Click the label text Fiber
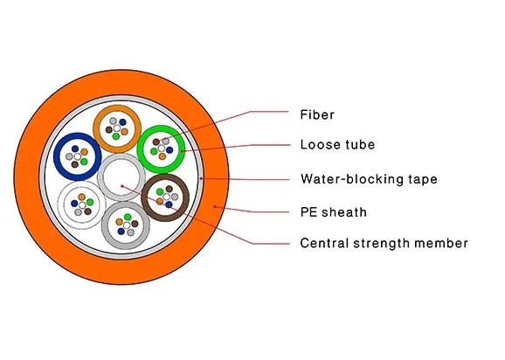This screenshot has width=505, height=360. [x=317, y=114]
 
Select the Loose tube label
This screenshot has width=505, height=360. [x=337, y=144]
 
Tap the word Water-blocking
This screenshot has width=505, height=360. [x=351, y=179]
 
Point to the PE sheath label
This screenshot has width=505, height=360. [x=334, y=212]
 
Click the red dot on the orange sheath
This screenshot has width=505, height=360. [x=215, y=207]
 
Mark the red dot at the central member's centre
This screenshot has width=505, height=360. [x=122, y=186]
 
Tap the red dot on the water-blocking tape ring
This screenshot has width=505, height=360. [x=201, y=178]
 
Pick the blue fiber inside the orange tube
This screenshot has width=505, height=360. [x=122, y=122]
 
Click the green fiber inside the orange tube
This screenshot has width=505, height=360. [x=116, y=136]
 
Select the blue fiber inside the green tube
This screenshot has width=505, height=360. [x=169, y=150]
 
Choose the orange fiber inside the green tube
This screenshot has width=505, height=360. [x=163, y=156]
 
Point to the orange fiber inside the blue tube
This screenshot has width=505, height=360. [x=84, y=152]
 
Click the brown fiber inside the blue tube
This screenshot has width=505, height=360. [x=75, y=164]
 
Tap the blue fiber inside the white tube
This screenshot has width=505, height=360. [x=74, y=204]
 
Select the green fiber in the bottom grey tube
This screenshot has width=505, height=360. [x=128, y=217]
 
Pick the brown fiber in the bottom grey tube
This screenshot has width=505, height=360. [x=135, y=224]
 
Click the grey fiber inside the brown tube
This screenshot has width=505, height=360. [x=175, y=197]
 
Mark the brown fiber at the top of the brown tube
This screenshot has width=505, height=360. [x=169, y=189]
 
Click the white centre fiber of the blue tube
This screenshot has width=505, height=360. [x=77, y=156]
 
